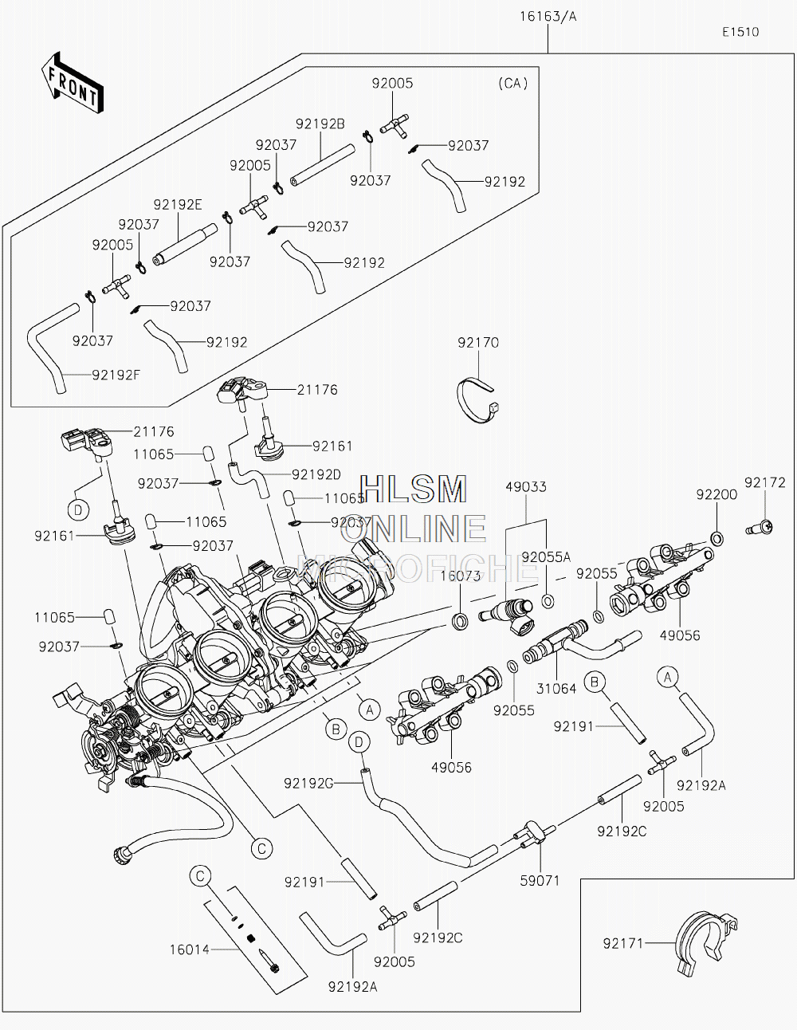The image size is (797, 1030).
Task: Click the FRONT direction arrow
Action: pyautogui.click(x=73, y=82)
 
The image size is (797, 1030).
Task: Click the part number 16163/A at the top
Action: pyautogui.click(x=548, y=17)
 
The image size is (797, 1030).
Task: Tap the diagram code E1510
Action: pyautogui.click(x=740, y=32)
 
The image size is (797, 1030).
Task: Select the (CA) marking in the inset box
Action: pyautogui.click(x=513, y=84)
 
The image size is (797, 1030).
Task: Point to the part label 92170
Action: pyautogui.click(x=478, y=342)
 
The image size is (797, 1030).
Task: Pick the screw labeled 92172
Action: pyautogui.click(x=760, y=527)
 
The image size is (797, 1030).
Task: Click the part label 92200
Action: pyautogui.click(x=717, y=494)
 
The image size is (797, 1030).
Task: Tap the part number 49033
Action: pyautogui.click(x=526, y=487)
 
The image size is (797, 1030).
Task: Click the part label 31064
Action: pyautogui.click(x=556, y=688)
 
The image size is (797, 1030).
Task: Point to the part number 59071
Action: pyautogui.click(x=540, y=881)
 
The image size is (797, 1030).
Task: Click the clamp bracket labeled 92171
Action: pyautogui.click(x=706, y=943)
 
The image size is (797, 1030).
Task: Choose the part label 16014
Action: pyautogui.click(x=190, y=949)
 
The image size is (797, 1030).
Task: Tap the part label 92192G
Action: pyautogui.click(x=308, y=784)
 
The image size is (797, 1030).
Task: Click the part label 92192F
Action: pyautogui.click(x=116, y=375)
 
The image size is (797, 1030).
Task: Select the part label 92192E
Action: pyautogui.click(x=178, y=204)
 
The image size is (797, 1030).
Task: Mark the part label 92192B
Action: pyautogui.click(x=320, y=124)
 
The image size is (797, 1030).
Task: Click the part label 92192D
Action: pyautogui.click(x=316, y=474)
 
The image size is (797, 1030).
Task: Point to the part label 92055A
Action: pyautogui.click(x=546, y=557)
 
